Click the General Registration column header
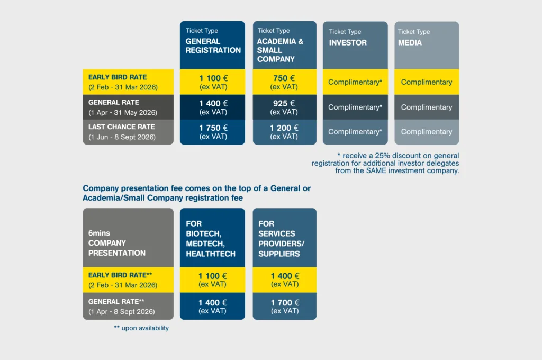(213, 46)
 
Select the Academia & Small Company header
(280, 50)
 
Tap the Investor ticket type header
(348, 42)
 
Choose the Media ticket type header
(410, 42)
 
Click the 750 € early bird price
(284, 78)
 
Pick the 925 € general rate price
(284, 103)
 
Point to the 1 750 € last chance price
(213, 128)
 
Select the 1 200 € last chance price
(284, 128)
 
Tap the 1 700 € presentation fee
(285, 303)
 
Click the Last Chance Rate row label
(122, 127)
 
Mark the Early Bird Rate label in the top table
(118, 77)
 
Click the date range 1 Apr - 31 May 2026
(123, 112)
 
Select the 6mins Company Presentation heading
(117, 243)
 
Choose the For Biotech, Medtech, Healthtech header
(211, 239)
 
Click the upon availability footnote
(141, 328)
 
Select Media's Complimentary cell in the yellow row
(427, 82)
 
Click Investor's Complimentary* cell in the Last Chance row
(355, 132)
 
